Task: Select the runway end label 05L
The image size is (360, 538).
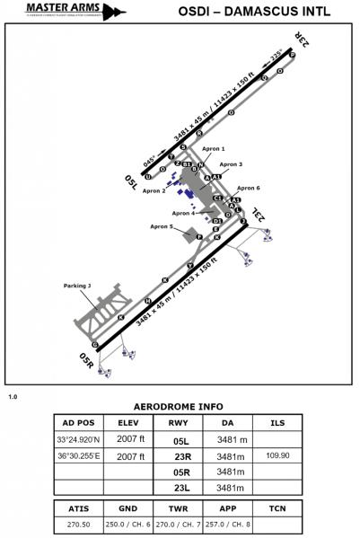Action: pyautogui.click(x=131, y=183)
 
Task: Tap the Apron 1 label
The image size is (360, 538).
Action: pyautogui.click(x=212, y=148)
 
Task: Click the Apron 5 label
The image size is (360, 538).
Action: pyautogui.click(x=162, y=227)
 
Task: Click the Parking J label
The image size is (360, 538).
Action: pyautogui.click(x=77, y=286)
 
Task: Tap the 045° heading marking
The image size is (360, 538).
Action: pyautogui.click(x=149, y=163)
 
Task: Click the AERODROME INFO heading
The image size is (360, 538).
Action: pyautogui.click(x=179, y=406)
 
